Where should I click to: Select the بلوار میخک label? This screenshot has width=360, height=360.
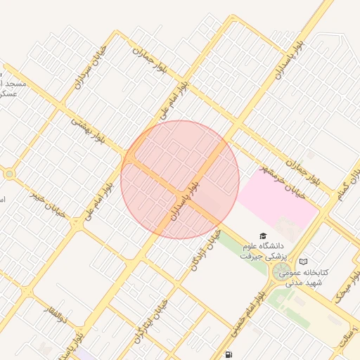point(349,286)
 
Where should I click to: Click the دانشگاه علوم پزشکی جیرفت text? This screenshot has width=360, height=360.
point(261,251)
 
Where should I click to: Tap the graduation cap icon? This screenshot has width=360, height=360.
point(262,237)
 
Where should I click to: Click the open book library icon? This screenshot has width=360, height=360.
point(303,262)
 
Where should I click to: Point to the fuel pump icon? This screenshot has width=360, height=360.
point(229,355)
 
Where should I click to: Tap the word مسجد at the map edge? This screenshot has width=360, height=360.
point(14,84)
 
